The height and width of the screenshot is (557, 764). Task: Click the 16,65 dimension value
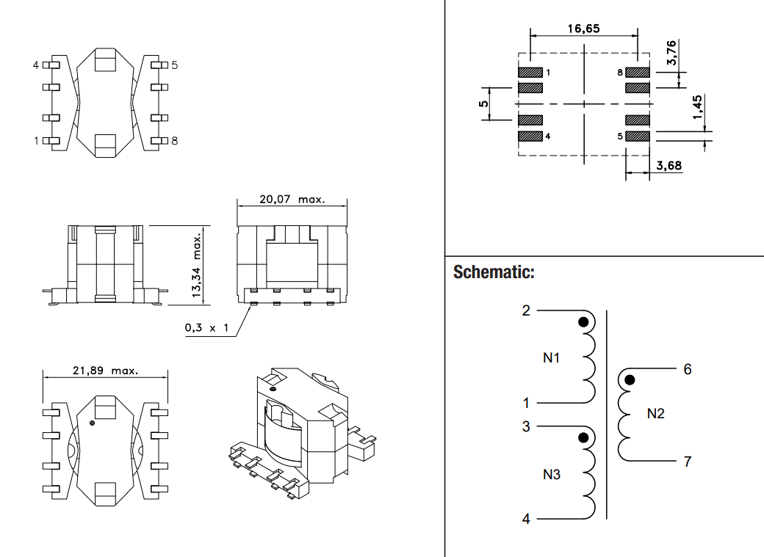[x=584, y=29]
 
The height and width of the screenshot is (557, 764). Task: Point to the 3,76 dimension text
[x=672, y=53]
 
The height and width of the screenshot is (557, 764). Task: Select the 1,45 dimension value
[x=698, y=109]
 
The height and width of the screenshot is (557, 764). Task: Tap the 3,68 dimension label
[x=668, y=166]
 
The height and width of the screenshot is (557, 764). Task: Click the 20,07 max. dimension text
[x=292, y=199]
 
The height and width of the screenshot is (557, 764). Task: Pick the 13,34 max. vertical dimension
[x=197, y=265]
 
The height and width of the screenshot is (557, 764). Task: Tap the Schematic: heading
[x=494, y=272]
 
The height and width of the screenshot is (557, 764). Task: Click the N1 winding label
[x=552, y=358]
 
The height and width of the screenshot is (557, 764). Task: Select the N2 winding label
[x=655, y=414]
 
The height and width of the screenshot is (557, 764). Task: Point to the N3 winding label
[x=552, y=474]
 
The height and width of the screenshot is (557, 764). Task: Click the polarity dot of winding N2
[x=630, y=380]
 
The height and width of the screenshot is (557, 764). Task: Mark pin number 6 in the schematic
[x=688, y=369]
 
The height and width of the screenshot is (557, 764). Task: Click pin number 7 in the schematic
[x=688, y=462]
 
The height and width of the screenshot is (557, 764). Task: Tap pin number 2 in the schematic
[x=526, y=310]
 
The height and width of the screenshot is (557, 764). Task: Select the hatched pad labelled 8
[x=638, y=73]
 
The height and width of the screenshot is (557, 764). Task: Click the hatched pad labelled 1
[x=530, y=73]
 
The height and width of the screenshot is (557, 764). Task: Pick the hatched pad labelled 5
[x=638, y=136]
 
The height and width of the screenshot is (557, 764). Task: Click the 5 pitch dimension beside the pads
[x=483, y=103]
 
